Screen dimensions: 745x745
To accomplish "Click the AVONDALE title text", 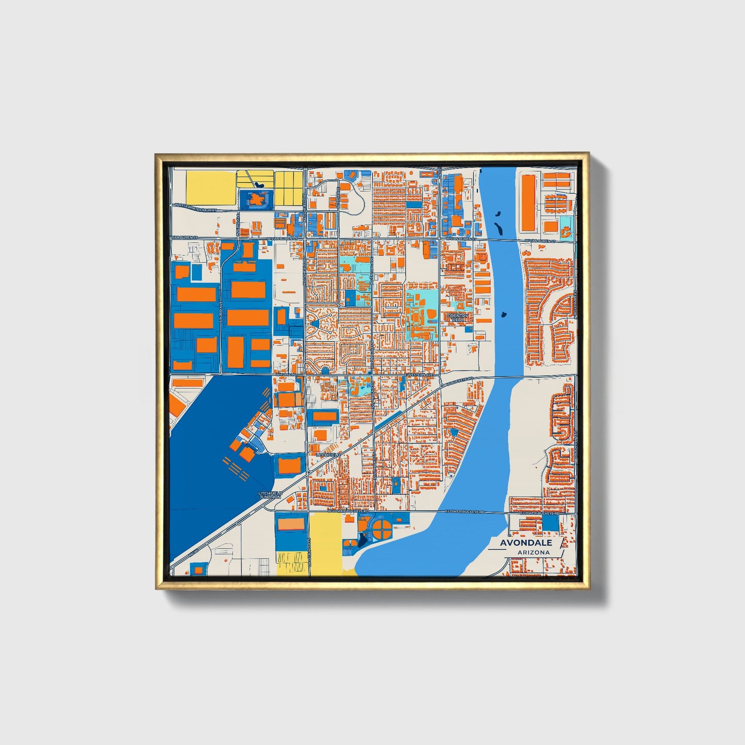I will coord(526,542).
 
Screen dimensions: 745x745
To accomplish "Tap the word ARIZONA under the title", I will coord(534,553).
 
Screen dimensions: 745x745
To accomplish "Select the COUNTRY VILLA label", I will coord(457,318).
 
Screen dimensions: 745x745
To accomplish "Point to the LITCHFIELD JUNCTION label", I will coord(270,495).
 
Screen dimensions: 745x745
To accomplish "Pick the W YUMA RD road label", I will coord(286,374).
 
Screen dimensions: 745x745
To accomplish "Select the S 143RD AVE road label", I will coord(221,312).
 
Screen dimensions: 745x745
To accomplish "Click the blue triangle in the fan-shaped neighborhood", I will coord(315,324).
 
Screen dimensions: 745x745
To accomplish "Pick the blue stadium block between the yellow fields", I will coord(256,198).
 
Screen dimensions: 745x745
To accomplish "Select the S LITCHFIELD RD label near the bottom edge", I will coord(308,552).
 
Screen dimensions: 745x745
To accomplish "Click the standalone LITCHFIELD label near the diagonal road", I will coord(328,455).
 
